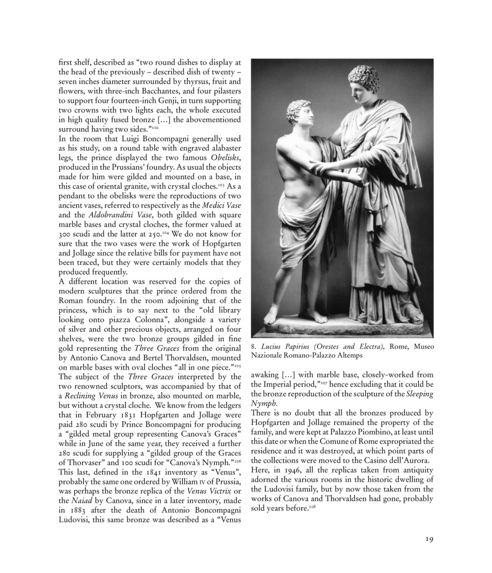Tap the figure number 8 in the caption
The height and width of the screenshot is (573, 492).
253,347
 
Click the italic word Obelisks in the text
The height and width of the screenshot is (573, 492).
226,158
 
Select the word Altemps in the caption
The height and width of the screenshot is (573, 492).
348,356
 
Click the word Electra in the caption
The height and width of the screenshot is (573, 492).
368,347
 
